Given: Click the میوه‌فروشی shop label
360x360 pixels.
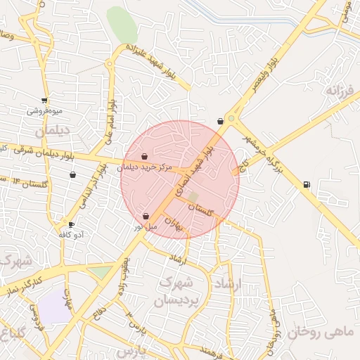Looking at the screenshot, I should (x=46, y=111).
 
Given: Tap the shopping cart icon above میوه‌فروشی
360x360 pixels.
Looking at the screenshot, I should (x=46, y=101).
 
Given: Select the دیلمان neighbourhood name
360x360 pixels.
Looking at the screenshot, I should (x=48, y=131).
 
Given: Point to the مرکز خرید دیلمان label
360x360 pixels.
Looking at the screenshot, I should (x=144, y=167).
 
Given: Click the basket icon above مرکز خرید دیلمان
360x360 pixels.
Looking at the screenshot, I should (x=144, y=157).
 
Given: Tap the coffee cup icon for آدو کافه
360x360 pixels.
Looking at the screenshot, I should (x=71, y=224).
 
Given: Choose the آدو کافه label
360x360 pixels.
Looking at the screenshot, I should (x=71, y=234).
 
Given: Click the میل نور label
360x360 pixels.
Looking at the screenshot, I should (x=146, y=227).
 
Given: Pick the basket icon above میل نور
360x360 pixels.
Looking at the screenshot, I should (x=146, y=217).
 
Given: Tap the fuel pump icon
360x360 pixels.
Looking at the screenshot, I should (x=306, y=185).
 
